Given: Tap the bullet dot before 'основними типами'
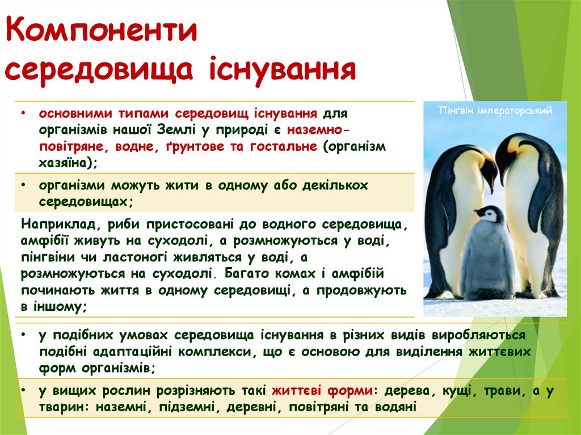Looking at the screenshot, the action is [x=22, y=113].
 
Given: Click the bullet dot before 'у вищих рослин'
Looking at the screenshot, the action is [x=22, y=392].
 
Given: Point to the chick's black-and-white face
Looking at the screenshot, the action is [x=489, y=214].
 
